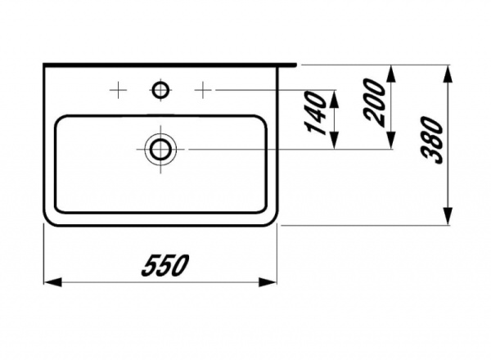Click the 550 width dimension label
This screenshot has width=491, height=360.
click(166, 264)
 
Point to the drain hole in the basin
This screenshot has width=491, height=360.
click(160, 148)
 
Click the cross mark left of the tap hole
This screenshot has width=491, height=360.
click(119, 88)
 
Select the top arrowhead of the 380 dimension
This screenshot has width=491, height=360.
click(448, 71)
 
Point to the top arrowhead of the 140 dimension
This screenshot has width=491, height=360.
click(335, 93)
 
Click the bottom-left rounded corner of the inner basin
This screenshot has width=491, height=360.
click(60, 207)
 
